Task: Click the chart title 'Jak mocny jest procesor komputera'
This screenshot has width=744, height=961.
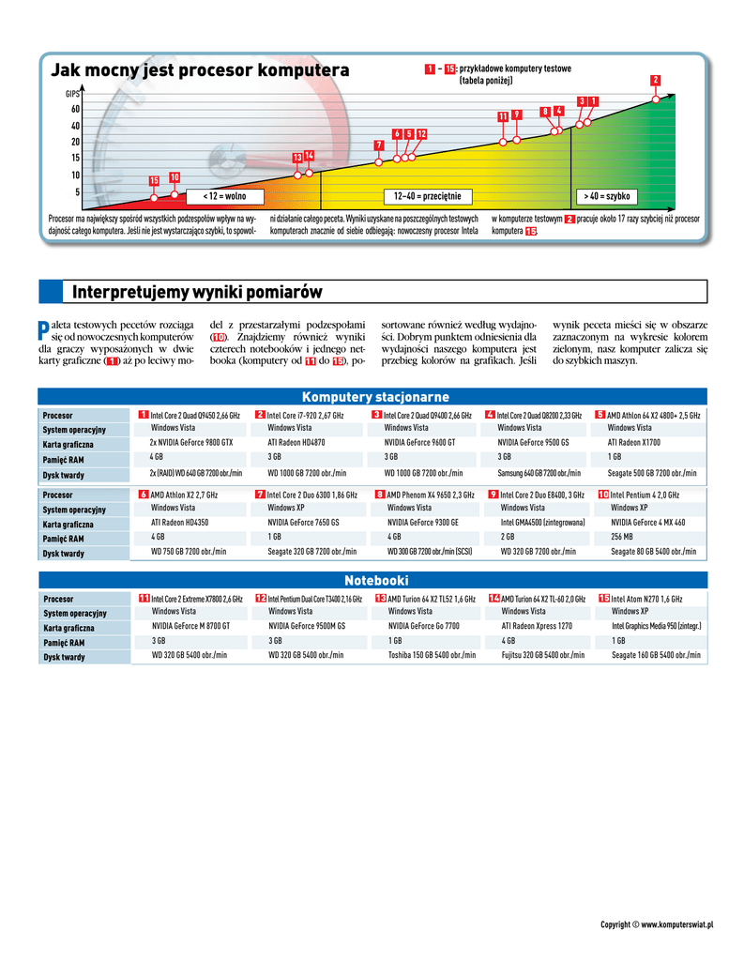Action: (199, 70)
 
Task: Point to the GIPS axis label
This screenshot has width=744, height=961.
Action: (72, 95)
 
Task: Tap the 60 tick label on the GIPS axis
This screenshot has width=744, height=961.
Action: (75, 110)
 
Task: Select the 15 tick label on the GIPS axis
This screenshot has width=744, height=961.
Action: (75, 158)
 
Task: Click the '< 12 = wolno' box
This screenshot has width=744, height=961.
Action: (223, 197)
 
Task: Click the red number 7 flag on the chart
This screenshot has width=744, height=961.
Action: (379, 145)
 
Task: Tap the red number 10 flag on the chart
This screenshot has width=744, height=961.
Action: (175, 177)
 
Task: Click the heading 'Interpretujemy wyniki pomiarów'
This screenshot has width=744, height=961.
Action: (197, 293)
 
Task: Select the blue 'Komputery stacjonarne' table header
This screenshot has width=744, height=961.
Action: (374, 397)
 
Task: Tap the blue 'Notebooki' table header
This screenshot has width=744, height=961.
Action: (374, 581)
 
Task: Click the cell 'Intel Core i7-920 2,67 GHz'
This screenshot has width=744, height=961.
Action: (306, 415)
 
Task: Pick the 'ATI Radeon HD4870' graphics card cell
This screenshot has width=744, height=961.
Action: (296, 441)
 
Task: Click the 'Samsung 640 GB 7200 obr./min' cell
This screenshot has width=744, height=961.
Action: (539, 473)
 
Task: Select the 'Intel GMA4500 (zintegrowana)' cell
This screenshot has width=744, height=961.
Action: (544, 523)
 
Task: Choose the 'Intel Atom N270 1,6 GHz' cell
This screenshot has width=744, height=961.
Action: (646, 599)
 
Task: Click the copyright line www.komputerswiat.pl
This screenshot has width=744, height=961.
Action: (657, 925)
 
